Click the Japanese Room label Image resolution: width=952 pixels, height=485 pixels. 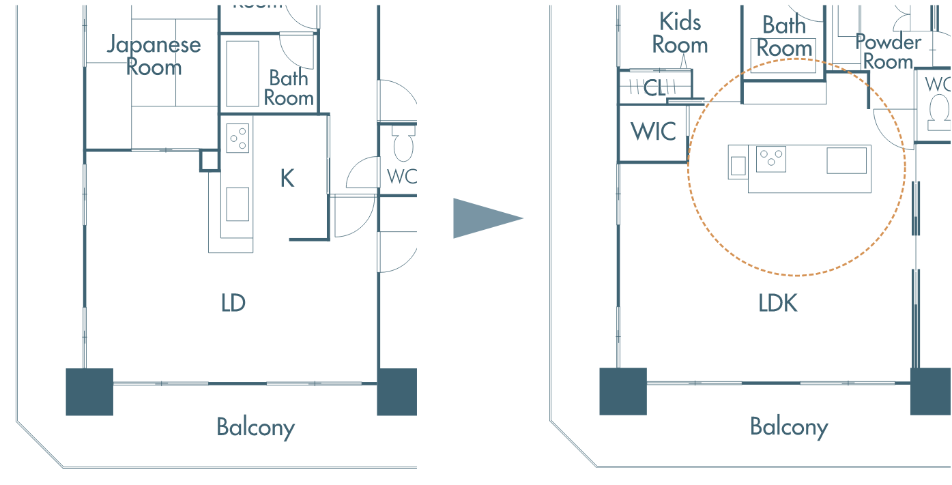pyautogui.click(x=154, y=56)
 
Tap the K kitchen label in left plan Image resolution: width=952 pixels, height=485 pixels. pyautogui.click(x=287, y=179)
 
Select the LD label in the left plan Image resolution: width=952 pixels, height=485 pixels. pyautogui.click(x=233, y=303)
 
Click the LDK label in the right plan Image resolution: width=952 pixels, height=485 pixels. pyautogui.click(x=778, y=303)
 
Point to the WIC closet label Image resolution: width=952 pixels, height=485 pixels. pyautogui.click(x=653, y=132)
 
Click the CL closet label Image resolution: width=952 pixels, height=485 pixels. pyautogui.click(x=654, y=87)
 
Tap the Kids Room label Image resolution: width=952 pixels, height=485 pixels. pyautogui.click(x=680, y=33)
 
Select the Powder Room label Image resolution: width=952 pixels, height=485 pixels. pyautogui.click(x=888, y=52)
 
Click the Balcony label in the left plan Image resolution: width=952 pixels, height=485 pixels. pyautogui.click(x=256, y=428)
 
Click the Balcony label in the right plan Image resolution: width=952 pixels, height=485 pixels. pyautogui.click(x=789, y=428)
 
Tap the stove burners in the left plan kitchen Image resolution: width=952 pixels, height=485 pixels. pyautogui.click(x=237, y=138)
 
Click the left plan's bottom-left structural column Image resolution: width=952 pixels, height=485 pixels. pyautogui.click(x=89, y=392)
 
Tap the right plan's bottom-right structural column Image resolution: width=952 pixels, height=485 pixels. pyautogui.click(x=930, y=392)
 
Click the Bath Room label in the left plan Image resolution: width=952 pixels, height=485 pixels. pyautogui.click(x=289, y=88)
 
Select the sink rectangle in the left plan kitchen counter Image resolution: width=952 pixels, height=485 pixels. pyautogui.click(x=237, y=204)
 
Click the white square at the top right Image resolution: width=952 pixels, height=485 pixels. pyautogui.click(x=921, y=17)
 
